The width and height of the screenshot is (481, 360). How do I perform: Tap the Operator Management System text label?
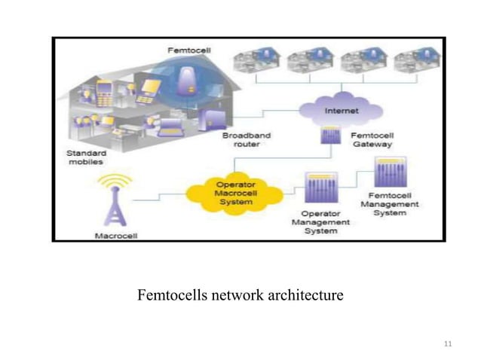pos(320,222)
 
